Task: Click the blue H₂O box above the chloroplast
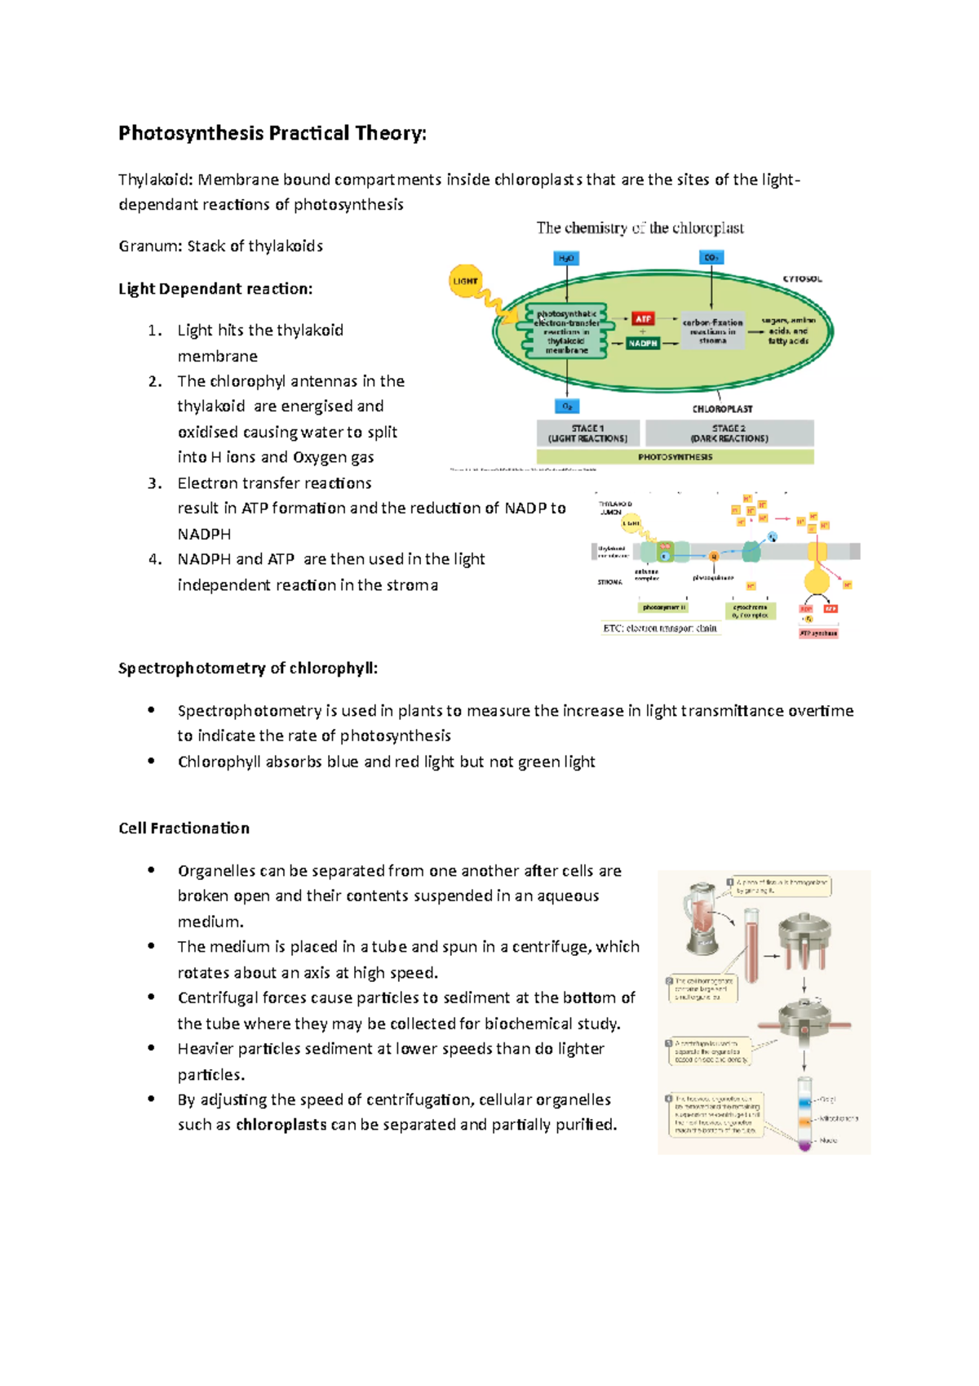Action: click(566, 258)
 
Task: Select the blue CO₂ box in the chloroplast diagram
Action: click(711, 257)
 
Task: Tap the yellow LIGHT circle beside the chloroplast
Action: click(465, 281)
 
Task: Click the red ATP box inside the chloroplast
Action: click(643, 318)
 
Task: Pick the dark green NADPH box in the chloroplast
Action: click(643, 344)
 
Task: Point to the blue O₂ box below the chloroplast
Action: click(567, 406)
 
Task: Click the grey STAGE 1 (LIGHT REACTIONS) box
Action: click(588, 433)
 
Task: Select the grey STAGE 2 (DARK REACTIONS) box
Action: click(729, 433)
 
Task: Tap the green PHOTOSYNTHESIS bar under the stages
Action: click(676, 457)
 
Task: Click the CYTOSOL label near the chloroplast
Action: click(802, 279)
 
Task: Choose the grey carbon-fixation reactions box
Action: click(712, 331)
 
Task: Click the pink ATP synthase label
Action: click(818, 633)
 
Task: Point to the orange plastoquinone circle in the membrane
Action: click(714, 557)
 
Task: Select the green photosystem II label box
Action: click(664, 607)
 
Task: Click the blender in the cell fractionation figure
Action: click(702, 917)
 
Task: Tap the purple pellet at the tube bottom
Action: click(804, 1145)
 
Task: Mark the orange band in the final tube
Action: click(804, 1121)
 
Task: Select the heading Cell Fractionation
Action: click(184, 828)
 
